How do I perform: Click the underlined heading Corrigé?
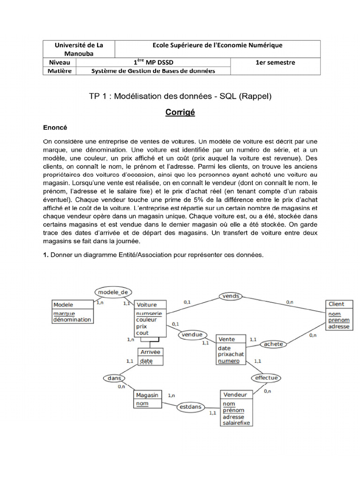click(x=180, y=112)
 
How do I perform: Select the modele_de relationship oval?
click(x=112, y=292)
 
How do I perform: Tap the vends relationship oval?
click(x=231, y=296)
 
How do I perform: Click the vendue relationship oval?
click(x=192, y=334)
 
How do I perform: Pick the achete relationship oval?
click(x=274, y=344)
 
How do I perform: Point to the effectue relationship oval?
click(x=266, y=377)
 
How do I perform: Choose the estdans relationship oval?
click(x=190, y=406)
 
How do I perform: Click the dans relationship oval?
click(x=114, y=378)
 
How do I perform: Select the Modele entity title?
click(x=63, y=305)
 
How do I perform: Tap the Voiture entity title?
click(x=147, y=305)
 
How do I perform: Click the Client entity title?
click(x=337, y=304)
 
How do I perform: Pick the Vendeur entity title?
click(x=235, y=395)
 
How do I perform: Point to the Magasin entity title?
click(x=146, y=395)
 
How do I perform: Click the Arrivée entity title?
click(x=150, y=352)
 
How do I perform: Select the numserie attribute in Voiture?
click(x=149, y=313)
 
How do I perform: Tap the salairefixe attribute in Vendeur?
click(x=237, y=423)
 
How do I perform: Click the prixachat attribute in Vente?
click(x=231, y=354)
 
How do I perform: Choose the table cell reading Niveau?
click(x=60, y=62)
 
